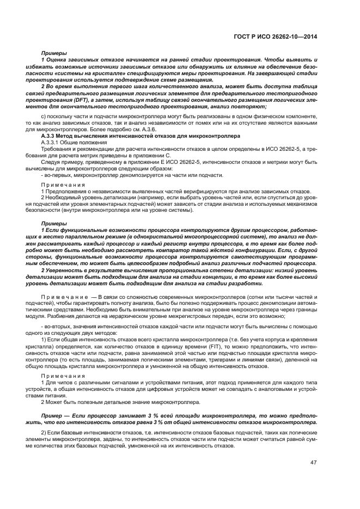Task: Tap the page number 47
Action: pyautogui.click(x=313, y=463)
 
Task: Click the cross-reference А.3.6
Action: pyautogui.click(x=140, y=129)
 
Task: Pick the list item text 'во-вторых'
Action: pyautogui.click(x=59, y=326)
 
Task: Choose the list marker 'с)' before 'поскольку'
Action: pyautogui.click(x=44, y=117)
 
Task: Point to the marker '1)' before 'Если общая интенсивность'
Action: pyautogui.click(x=44, y=339)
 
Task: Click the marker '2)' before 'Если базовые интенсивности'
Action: pyautogui.click(x=44, y=432)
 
